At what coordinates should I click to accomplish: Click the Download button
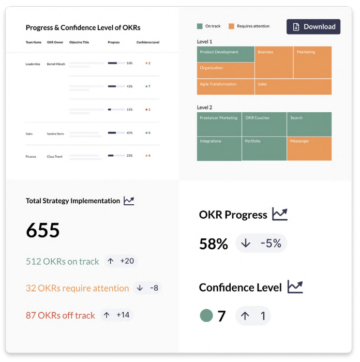tap(313, 27)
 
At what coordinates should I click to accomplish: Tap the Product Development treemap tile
tap(226, 54)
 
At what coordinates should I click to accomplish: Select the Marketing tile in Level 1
tap(312, 62)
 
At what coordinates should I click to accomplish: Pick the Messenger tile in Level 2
tap(309, 148)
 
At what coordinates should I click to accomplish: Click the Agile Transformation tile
tap(226, 86)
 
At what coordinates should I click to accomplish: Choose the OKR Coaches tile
tap(264, 124)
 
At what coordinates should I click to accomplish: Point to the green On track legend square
tap(200, 26)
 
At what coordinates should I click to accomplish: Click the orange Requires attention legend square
tap(232, 26)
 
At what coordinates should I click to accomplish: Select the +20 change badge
tap(121, 261)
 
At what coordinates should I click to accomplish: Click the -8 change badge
tap(147, 288)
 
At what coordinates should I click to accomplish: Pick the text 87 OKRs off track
tap(61, 315)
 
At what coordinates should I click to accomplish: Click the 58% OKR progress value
tap(214, 244)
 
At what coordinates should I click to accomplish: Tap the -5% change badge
tap(261, 244)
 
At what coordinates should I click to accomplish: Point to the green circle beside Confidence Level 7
tap(206, 316)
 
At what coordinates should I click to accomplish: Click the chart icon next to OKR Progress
tap(280, 214)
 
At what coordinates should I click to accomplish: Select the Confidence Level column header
tap(148, 42)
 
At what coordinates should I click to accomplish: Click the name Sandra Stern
tap(55, 133)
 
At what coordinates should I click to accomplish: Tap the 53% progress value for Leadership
tap(129, 63)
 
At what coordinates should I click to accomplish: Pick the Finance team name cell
tap(31, 156)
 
